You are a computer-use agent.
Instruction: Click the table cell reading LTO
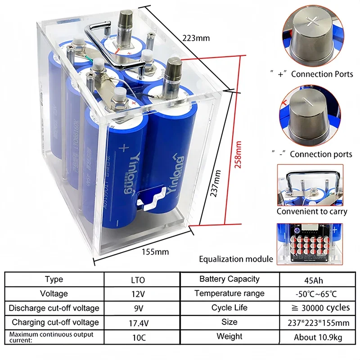(x=139, y=279)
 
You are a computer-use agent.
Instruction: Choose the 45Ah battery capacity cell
(x=314, y=279)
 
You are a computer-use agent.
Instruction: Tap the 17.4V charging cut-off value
(x=139, y=322)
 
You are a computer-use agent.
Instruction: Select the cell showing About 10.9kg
(x=314, y=337)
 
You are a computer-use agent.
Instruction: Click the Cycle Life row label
(x=229, y=308)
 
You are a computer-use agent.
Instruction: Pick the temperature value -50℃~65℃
(x=314, y=293)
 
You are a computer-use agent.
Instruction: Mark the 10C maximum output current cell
(x=139, y=337)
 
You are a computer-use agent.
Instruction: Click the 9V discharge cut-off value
(x=139, y=308)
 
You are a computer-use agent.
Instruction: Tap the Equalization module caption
(x=236, y=259)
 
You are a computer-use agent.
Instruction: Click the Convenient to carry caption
(x=312, y=211)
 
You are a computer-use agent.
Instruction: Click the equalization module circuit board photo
(x=312, y=243)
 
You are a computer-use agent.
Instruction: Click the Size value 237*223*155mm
(x=314, y=322)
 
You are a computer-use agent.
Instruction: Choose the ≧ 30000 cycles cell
(x=314, y=308)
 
